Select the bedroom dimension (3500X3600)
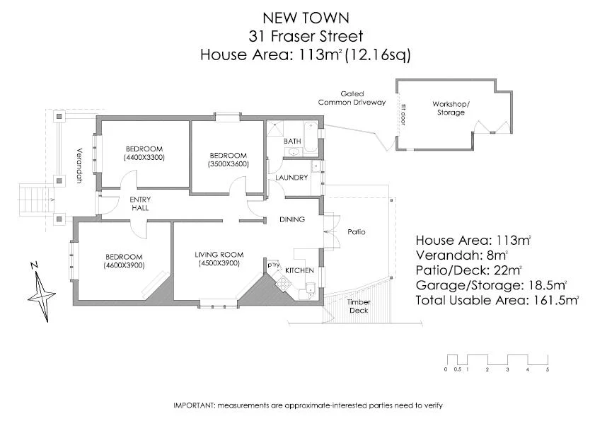(x=229, y=164)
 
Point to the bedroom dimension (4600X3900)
(x=124, y=265)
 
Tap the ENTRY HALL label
(x=141, y=204)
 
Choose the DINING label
(x=291, y=219)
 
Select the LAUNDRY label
(x=291, y=178)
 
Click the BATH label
(x=292, y=142)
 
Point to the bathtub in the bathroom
(x=310, y=132)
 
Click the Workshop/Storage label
(x=451, y=108)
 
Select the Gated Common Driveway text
(x=352, y=98)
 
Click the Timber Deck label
(x=359, y=306)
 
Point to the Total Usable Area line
(x=497, y=299)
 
